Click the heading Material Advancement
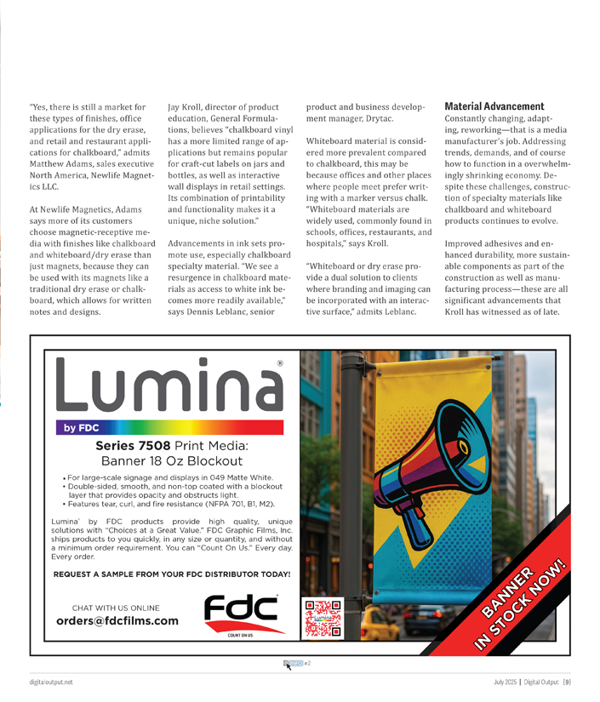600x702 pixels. tap(494, 106)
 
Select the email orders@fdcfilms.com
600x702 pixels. tap(117, 621)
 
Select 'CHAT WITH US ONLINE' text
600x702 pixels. tap(116, 608)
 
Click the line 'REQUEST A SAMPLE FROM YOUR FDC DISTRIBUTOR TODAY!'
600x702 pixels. tap(172, 574)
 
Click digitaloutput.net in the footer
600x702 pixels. tap(50, 682)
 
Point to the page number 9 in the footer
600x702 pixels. tap(567, 682)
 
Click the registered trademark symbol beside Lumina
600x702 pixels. tap(280, 362)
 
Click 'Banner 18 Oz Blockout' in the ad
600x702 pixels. tap(171, 461)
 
